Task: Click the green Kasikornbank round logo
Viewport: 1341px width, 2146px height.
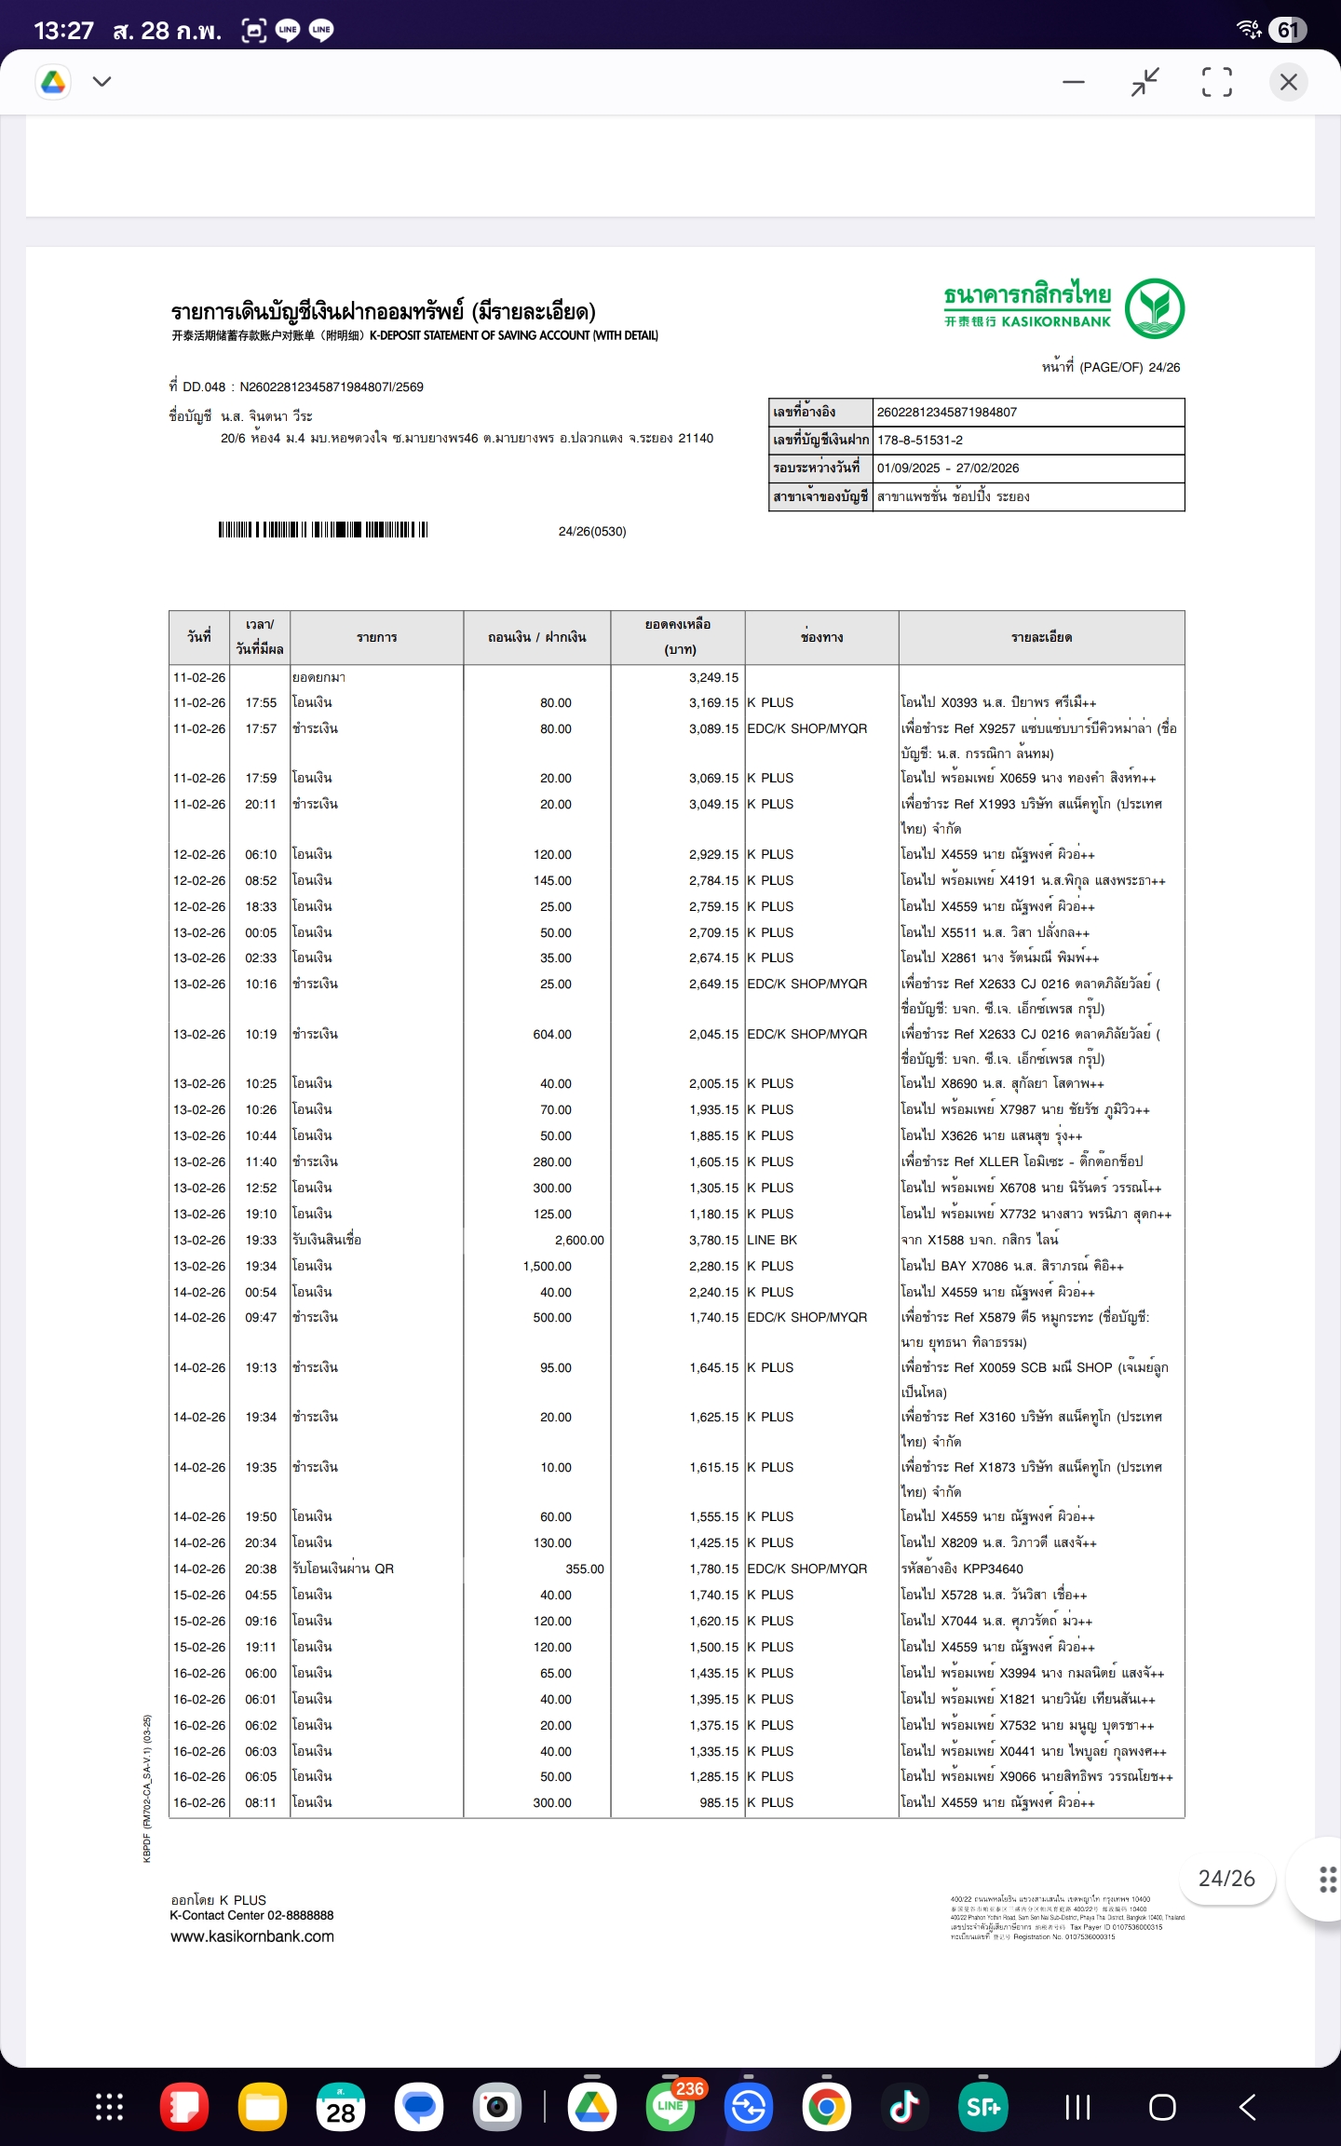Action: pos(1154,309)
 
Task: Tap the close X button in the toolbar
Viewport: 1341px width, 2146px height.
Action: pos(1288,82)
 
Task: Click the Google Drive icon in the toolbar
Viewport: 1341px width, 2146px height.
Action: pos(54,82)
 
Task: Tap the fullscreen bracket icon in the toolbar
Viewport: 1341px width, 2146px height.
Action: pos(1216,82)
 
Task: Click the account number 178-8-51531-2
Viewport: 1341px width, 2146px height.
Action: pos(919,440)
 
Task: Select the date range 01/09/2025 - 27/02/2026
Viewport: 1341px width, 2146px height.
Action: pos(947,468)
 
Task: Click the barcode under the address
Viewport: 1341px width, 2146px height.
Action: pos(322,530)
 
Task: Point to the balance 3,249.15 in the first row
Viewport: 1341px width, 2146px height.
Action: pos(713,677)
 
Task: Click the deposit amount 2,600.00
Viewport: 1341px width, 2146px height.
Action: pos(579,1240)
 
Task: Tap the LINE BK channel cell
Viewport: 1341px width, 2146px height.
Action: pos(772,1240)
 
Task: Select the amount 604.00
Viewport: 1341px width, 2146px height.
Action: pos(552,1034)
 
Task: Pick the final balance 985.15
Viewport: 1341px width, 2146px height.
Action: pos(719,1802)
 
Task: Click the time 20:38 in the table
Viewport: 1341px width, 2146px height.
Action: pos(261,1569)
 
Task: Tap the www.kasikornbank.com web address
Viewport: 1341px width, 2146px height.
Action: pos(252,1936)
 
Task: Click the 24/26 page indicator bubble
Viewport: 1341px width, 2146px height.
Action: pos(1226,1879)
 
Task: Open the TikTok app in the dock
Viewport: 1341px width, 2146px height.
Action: pos(903,2106)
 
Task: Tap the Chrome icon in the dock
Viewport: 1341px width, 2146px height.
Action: pos(826,2106)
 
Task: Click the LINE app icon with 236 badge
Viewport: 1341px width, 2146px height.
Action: pos(670,2106)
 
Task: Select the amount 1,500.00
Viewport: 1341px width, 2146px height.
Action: pos(548,1266)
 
